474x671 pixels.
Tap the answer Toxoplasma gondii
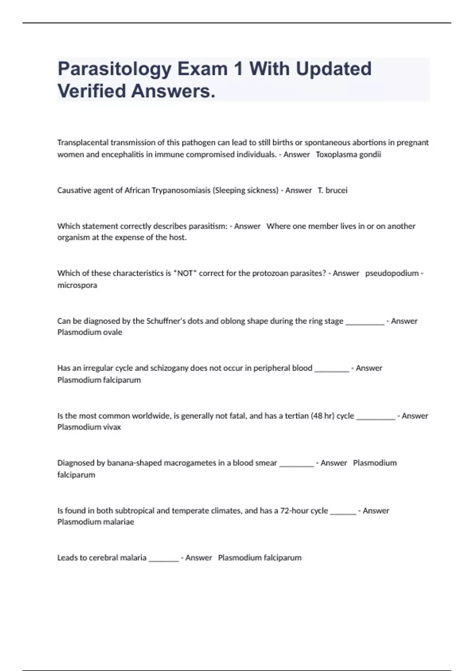click(x=348, y=154)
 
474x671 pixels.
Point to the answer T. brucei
click(x=333, y=190)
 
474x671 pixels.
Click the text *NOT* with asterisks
click(x=185, y=273)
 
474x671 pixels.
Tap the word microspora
click(x=77, y=285)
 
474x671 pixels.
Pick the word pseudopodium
click(x=392, y=273)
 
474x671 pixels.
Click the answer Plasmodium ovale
click(x=90, y=332)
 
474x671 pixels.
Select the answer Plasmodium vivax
click(x=89, y=427)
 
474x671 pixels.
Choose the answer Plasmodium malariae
click(x=96, y=522)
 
